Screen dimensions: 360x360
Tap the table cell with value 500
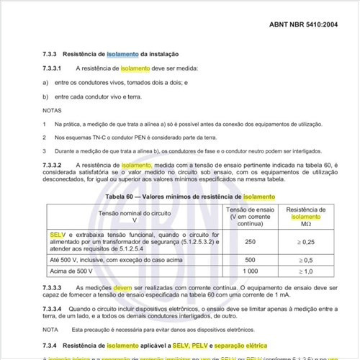(x=251, y=259)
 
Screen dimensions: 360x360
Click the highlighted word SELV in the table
(x=58, y=235)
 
